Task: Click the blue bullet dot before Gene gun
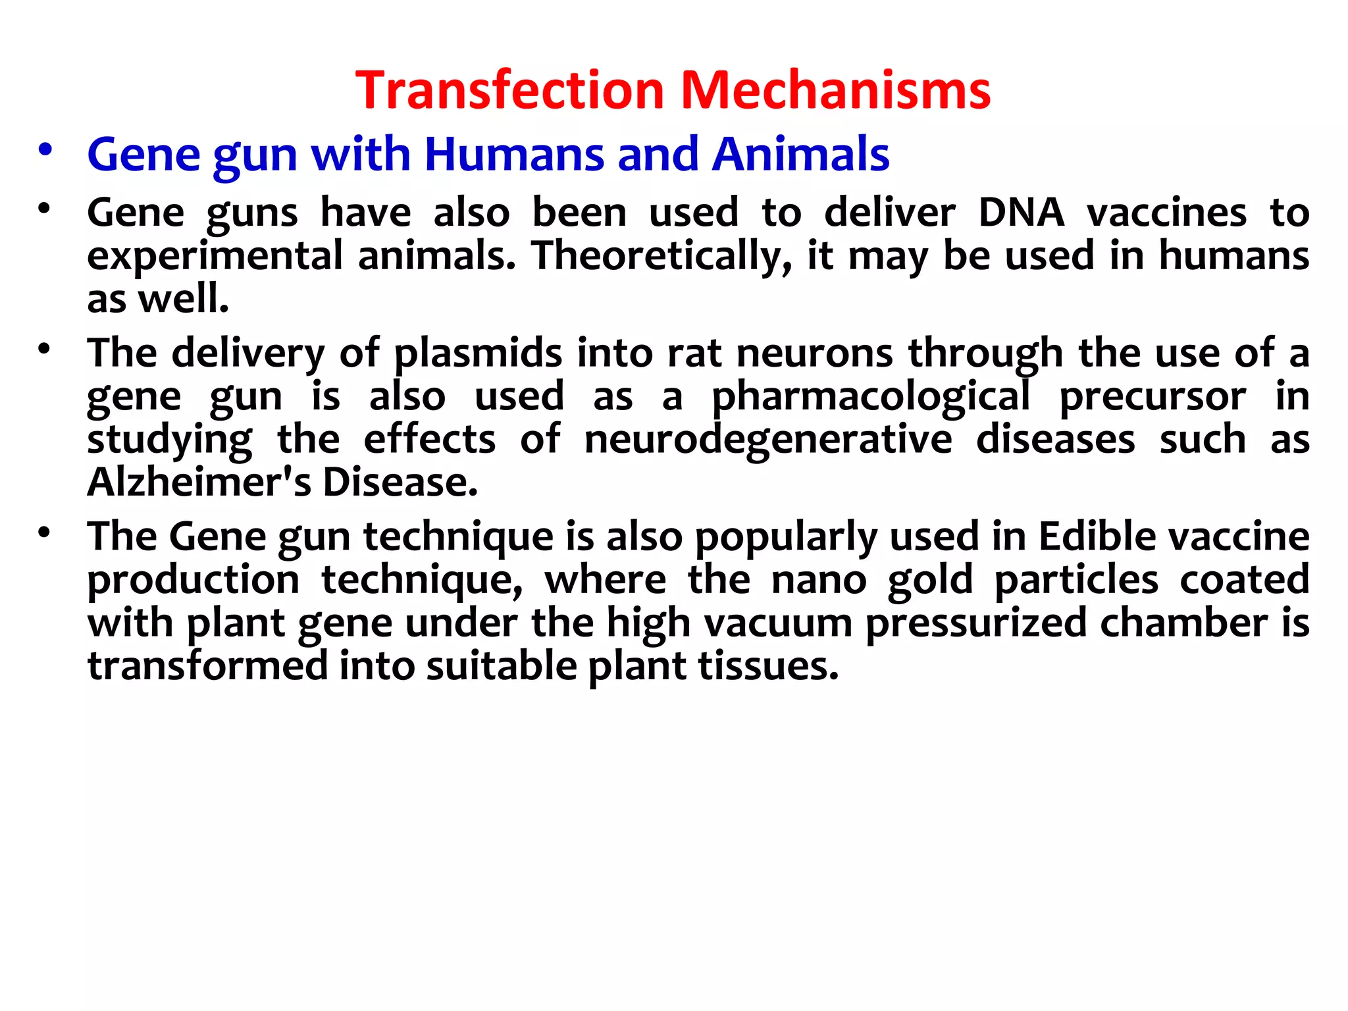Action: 45,151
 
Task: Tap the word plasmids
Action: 478,353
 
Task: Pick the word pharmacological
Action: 871,397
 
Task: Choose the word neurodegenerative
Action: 768,440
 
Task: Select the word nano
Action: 819,580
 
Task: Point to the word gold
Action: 929,580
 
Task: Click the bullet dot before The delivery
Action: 44,350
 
